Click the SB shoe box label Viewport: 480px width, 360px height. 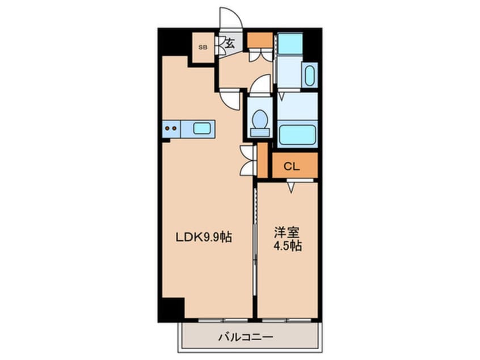(x=203, y=47)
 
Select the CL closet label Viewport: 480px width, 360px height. (x=292, y=166)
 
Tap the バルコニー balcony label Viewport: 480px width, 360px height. (x=246, y=337)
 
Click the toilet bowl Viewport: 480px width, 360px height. (x=260, y=120)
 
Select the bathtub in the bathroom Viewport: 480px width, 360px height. (x=297, y=135)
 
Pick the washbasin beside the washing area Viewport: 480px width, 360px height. (x=309, y=77)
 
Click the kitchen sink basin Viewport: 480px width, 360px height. (x=202, y=128)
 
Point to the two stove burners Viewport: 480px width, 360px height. (x=171, y=129)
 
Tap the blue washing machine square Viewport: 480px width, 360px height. (x=290, y=45)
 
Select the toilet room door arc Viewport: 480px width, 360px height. (x=260, y=84)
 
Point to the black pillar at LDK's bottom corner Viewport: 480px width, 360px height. (x=172, y=309)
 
